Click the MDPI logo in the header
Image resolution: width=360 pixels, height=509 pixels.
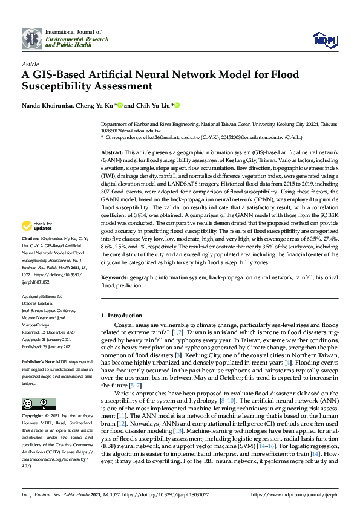pos(324,40)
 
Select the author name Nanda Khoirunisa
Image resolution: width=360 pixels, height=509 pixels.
pos(46,106)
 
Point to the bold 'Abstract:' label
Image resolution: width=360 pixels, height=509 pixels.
pos(112,154)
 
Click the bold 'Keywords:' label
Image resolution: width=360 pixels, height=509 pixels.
pos(114,277)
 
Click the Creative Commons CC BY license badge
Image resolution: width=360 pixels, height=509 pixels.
pos(39,386)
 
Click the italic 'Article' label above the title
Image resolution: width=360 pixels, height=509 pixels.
pos(30,63)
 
